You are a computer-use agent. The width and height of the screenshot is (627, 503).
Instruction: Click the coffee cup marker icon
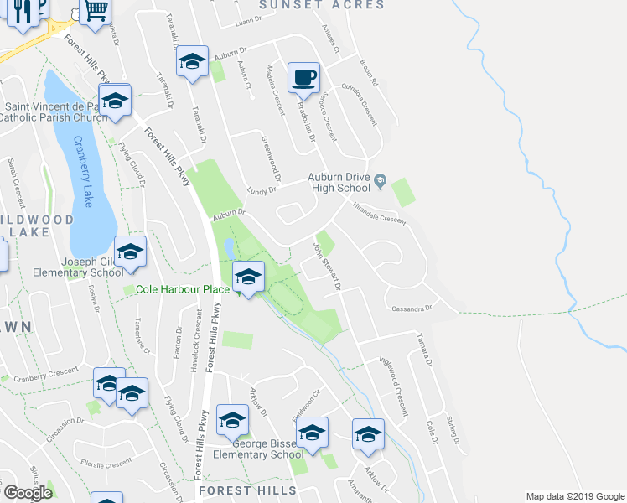(x=303, y=77)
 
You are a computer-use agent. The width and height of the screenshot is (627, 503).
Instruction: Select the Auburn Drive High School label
(x=339, y=182)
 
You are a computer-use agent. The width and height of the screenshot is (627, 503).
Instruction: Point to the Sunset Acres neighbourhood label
(x=322, y=5)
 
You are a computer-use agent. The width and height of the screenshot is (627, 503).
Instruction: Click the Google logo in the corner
(x=27, y=493)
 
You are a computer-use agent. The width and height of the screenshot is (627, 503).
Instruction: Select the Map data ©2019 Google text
(x=574, y=495)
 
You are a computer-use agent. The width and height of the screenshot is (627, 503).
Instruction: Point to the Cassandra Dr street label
(x=412, y=309)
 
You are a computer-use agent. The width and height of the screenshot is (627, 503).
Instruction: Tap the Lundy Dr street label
(x=262, y=189)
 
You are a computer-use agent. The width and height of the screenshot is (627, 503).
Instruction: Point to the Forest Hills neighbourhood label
(x=246, y=490)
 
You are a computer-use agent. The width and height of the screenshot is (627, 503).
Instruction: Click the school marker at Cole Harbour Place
(x=247, y=276)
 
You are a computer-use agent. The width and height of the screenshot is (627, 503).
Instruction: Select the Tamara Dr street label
(x=426, y=351)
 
